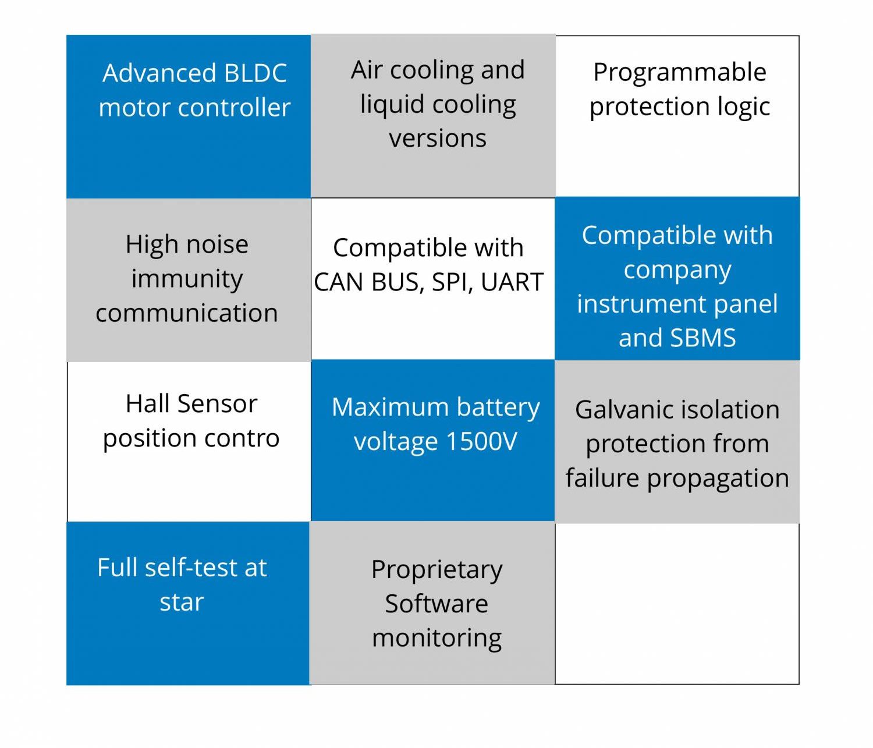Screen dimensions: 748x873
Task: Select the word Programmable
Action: [679, 73]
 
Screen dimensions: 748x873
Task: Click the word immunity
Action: [187, 279]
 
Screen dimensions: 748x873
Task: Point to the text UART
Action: [512, 282]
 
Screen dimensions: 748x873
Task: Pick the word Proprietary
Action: [436, 570]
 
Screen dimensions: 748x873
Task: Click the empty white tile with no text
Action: [677, 604]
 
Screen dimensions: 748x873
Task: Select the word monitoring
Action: [436, 638]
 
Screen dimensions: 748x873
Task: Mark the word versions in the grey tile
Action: [438, 139]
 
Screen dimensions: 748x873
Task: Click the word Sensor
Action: [217, 404]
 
